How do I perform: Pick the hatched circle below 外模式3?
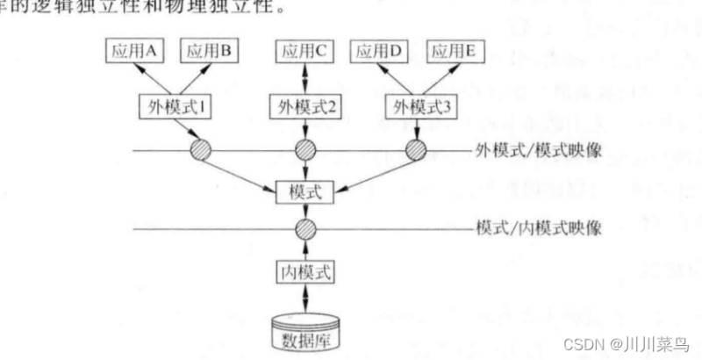pos(414,150)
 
